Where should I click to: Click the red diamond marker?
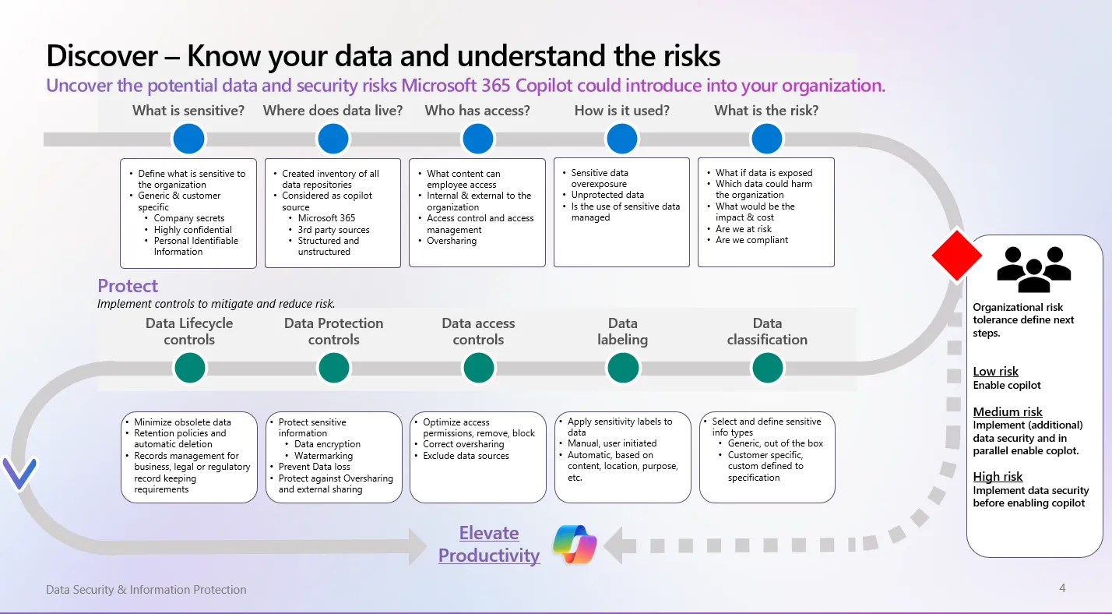pyautogui.click(x=956, y=255)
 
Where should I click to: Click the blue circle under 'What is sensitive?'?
pyautogui.click(x=188, y=139)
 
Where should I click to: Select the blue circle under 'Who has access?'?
pyautogui.click(x=477, y=139)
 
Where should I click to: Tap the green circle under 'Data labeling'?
pyautogui.click(x=622, y=368)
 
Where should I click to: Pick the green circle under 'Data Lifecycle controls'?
pyautogui.click(x=189, y=368)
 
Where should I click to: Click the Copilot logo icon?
pyautogui.click(x=575, y=545)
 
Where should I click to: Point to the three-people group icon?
pyautogui.click(x=1034, y=269)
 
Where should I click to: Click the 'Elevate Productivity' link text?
pyautogui.click(x=488, y=544)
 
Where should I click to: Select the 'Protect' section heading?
pyautogui.click(x=128, y=286)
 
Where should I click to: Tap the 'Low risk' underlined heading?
pyautogui.click(x=995, y=372)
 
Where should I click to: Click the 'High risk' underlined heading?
pyautogui.click(x=998, y=476)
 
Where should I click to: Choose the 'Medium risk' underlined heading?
pyautogui.click(x=1008, y=411)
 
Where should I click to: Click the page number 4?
pyautogui.click(x=1062, y=588)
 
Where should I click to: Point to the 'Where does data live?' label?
pyautogui.click(x=333, y=111)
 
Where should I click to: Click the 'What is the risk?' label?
pyautogui.click(x=766, y=111)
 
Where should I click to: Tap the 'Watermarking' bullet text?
pyautogui.click(x=323, y=455)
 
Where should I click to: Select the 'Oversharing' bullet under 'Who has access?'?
pyautogui.click(x=452, y=241)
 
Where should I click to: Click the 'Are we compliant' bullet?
pyautogui.click(x=751, y=240)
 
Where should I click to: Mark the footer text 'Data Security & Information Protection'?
pyautogui.click(x=146, y=590)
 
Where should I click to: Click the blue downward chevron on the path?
pyautogui.click(x=19, y=474)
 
